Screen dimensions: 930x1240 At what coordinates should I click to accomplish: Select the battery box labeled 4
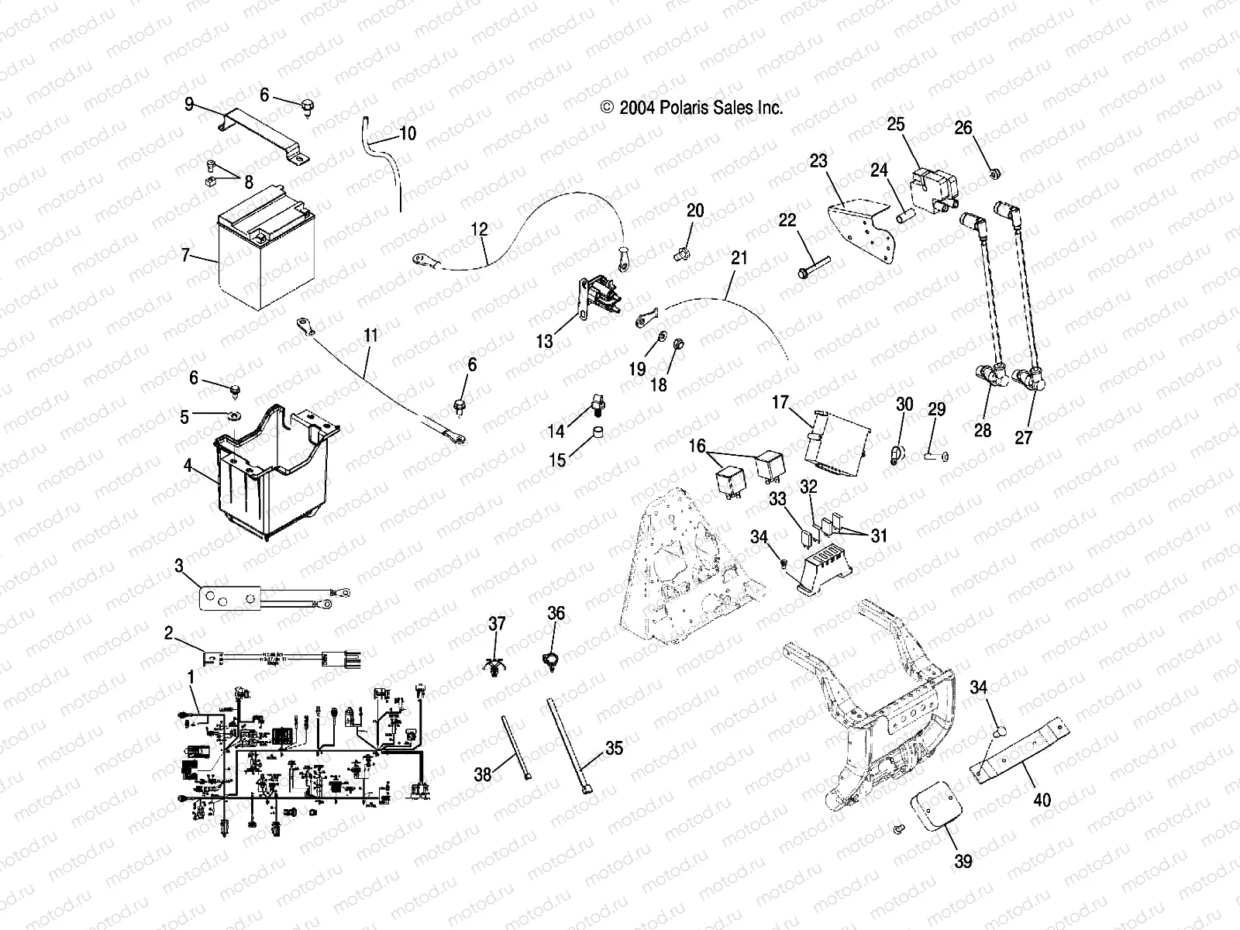tap(271, 473)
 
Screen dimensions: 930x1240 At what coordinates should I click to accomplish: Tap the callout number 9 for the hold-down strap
tap(189, 104)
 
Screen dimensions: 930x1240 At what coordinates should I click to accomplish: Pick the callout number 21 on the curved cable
tap(739, 257)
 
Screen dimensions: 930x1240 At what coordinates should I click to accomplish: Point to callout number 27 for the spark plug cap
tap(1024, 437)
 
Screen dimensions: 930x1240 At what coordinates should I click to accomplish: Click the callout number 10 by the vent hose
tap(408, 133)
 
